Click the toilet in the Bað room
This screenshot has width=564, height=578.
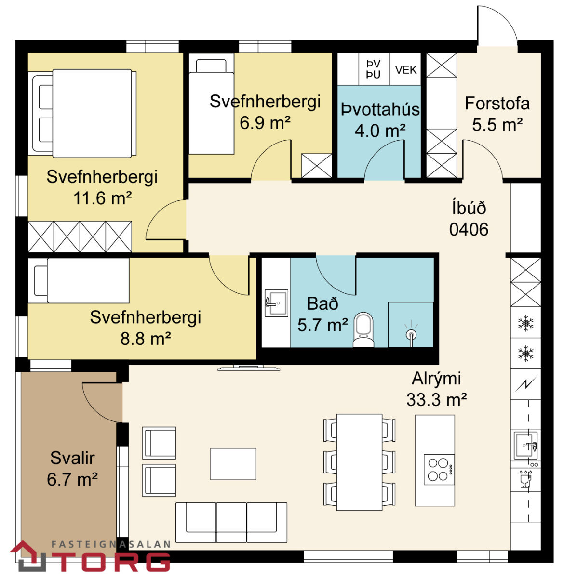[363, 329]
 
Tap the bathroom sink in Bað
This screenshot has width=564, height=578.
[276, 302]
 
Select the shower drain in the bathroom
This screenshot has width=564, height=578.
[411, 335]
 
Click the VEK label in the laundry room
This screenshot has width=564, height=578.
[405, 70]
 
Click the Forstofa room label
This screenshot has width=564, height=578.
[497, 104]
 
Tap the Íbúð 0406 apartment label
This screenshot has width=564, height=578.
[469, 219]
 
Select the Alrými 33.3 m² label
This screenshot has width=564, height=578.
[436, 389]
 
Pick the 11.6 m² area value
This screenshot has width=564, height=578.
[102, 198]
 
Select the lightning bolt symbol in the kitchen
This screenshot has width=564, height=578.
[525, 384]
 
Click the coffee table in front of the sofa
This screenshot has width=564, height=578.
[233, 464]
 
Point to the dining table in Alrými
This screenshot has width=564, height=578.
[359, 462]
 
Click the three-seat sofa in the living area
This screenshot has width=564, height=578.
[231, 523]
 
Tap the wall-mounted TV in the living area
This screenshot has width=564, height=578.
[249, 368]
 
